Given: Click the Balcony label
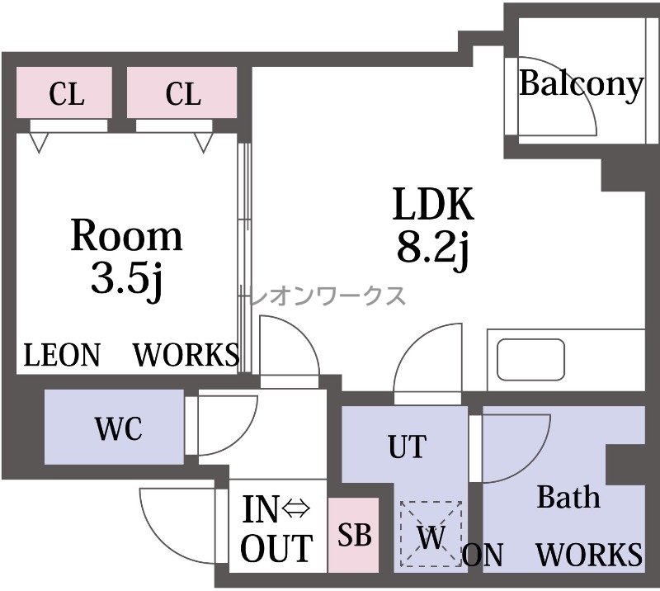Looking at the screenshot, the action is point(582,85).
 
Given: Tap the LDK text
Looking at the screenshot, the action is point(433,204).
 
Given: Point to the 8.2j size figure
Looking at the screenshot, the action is point(433,248).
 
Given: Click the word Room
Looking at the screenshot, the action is point(127,235).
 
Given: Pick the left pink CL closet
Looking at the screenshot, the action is point(64,92).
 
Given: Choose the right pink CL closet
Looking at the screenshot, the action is point(181,92).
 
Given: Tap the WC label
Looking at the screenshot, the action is point(119,428).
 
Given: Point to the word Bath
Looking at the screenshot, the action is point(568,497).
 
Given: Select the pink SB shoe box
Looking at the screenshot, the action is point(354,535).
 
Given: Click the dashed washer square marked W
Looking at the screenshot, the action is point(431,534).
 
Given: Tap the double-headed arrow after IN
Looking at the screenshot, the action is point(296,508).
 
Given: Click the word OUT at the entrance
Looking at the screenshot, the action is point(276,548).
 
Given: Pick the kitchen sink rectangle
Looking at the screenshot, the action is point(530,359).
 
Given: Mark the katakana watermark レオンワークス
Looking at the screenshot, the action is point(328,295).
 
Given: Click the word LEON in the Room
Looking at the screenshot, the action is point(62,355).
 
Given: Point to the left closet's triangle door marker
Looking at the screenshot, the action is point(39,142).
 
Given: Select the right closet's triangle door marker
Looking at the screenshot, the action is point(203,142).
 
